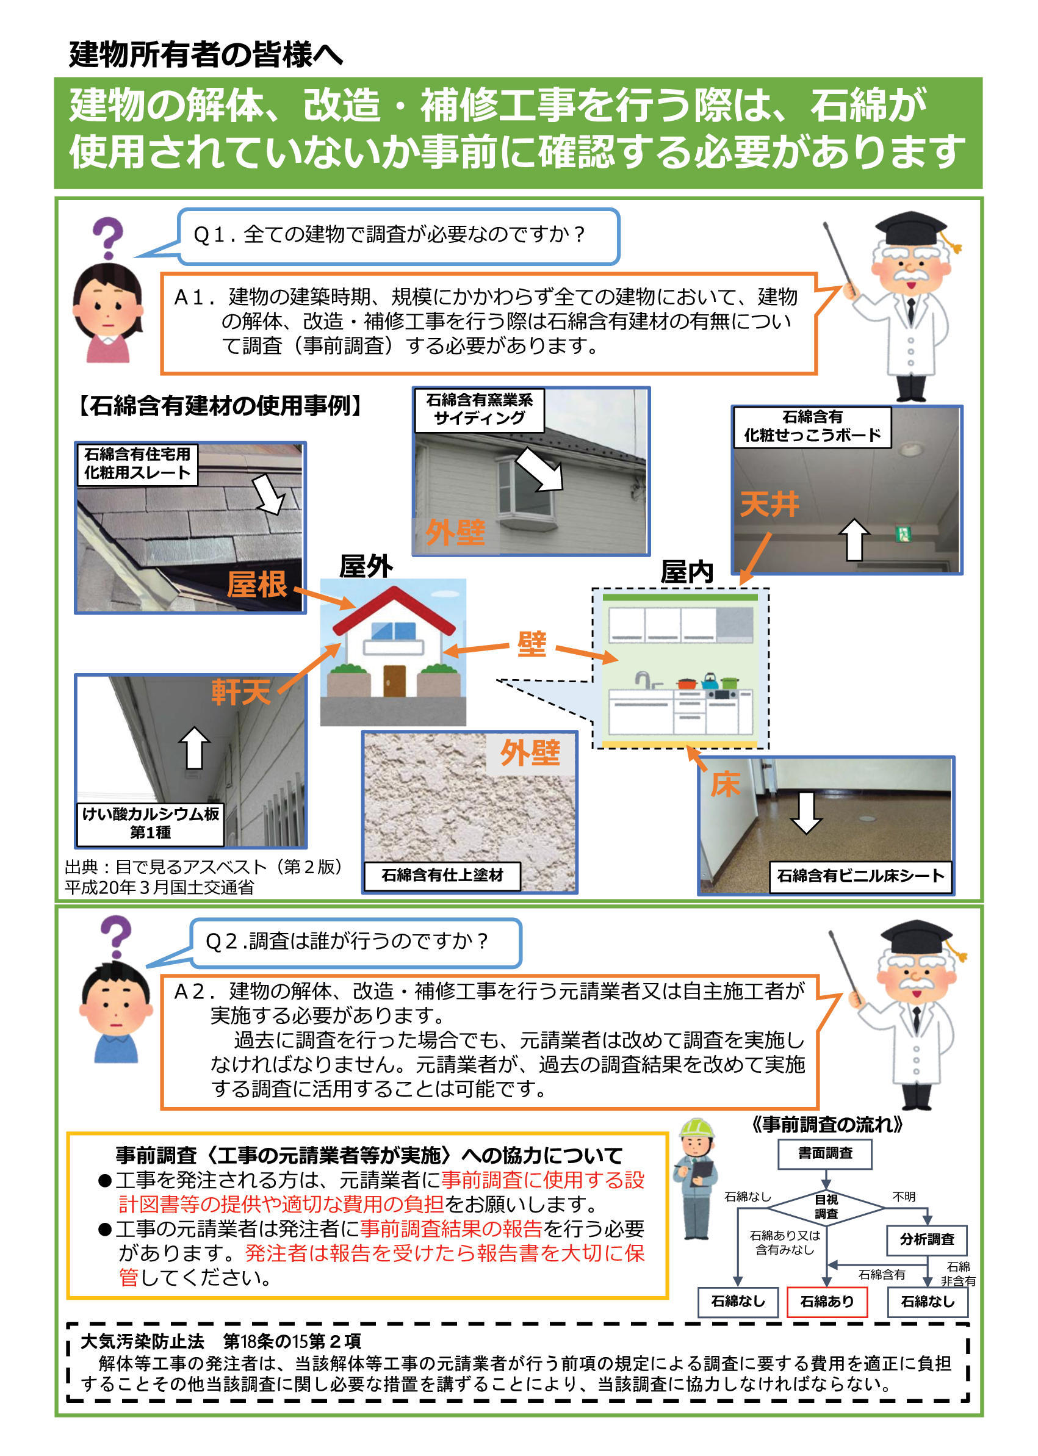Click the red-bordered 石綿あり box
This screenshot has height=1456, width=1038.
826,1302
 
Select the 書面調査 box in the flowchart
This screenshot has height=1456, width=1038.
824,1153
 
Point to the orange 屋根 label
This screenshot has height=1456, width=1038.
257,584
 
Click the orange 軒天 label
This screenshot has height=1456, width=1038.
241,691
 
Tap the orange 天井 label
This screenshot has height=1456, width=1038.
769,504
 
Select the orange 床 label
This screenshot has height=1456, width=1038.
725,784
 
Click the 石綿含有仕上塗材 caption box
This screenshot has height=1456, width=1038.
442,875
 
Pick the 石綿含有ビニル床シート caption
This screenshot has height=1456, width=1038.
860,876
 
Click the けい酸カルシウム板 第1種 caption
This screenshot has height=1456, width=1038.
150,823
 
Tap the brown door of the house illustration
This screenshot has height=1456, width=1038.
394,680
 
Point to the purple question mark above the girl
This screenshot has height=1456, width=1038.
107,237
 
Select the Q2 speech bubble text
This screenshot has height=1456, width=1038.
347,941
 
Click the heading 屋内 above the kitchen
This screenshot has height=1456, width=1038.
687,572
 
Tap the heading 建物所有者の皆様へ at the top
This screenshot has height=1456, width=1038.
206,54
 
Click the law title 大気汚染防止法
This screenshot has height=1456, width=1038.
142,1341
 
